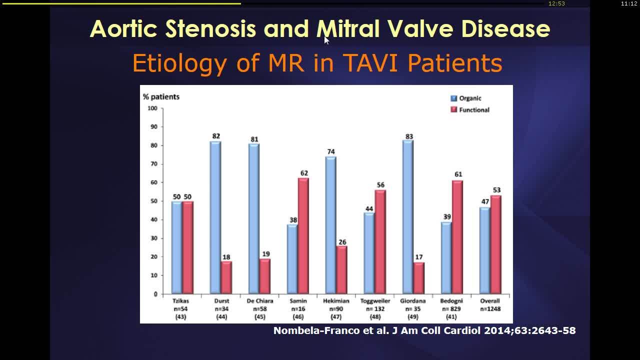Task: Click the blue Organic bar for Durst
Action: (x=215, y=217)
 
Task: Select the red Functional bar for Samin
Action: (x=303, y=235)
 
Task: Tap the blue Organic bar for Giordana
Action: (x=407, y=217)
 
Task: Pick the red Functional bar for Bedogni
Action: (x=457, y=237)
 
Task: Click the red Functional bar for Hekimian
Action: (x=341, y=269)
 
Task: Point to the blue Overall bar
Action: (x=484, y=250)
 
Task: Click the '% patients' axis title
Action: (x=161, y=96)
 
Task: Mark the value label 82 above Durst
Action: (x=215, y=136)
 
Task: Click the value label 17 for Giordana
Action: (x=419, y=257)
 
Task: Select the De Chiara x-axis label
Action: (x=260, y=301)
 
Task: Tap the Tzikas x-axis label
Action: (x=180, y=301)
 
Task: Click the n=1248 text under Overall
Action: (x=489, y=309)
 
